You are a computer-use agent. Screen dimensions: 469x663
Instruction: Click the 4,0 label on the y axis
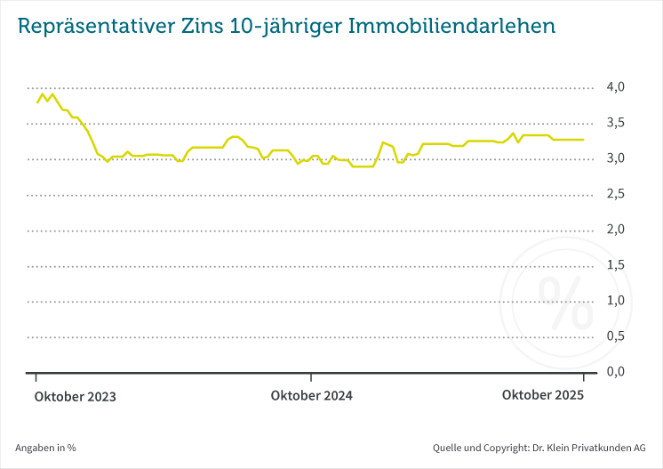(x=615, y=87)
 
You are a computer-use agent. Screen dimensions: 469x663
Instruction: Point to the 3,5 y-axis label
(x=615, y=123)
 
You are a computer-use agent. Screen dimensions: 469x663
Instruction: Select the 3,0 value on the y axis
(x=615, y=158)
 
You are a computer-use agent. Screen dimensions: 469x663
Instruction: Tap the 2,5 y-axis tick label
(x=615, y=194)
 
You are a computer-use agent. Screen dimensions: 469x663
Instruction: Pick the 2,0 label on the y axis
(x=615, y=230)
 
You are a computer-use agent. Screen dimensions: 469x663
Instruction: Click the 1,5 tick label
(x=615, y=265)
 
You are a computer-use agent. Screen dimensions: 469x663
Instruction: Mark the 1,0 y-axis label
(x=615, y=301)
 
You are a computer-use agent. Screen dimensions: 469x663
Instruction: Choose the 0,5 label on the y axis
(x=615, y=336)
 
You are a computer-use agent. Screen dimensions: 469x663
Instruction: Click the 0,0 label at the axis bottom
(x=615, y=372)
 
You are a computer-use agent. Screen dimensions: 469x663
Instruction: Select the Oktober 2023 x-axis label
(x=76, y=397)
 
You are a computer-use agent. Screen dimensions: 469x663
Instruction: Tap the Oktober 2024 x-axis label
(x=312, y=397)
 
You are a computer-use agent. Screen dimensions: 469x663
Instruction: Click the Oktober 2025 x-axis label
(x=543, y=395)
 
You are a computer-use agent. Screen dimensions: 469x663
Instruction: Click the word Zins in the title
(x=211, y=27)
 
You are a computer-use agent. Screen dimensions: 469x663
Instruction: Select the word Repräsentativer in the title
(x=100, y=27)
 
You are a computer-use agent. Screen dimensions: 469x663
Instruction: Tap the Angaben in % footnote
(x=46, y=448)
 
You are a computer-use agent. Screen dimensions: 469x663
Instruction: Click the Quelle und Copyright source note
(x=539, y=448)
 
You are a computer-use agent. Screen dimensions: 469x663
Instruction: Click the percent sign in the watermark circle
(x=566, y=303)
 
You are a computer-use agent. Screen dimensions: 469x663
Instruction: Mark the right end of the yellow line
(x=584, y=140)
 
